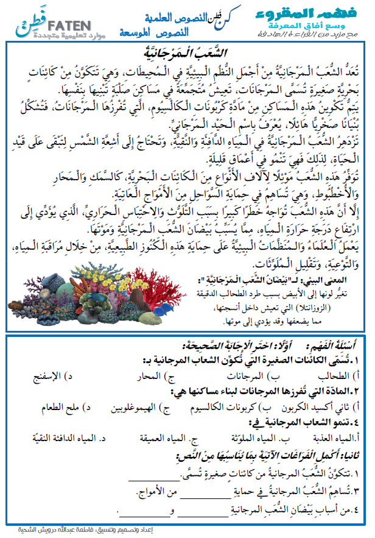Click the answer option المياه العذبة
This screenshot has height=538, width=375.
337,437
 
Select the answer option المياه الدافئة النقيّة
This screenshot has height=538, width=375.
58,437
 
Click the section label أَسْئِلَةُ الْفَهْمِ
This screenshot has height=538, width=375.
332,345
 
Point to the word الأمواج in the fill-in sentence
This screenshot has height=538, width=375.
162,492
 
